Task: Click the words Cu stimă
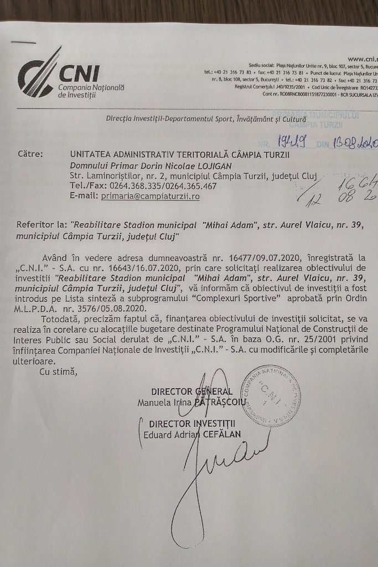coord(58,372)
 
